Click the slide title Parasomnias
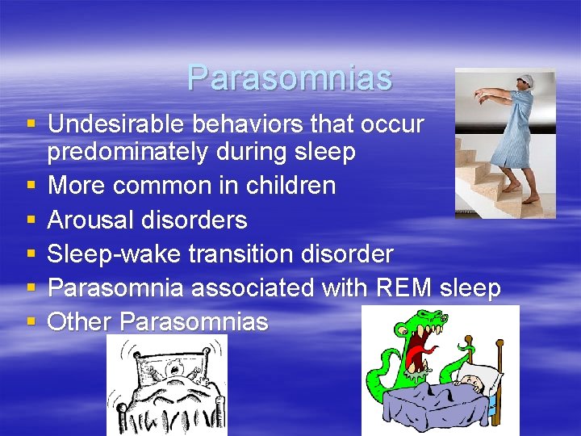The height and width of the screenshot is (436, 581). click(x=289, y=78)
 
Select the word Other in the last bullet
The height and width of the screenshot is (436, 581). click(x=79, y=321)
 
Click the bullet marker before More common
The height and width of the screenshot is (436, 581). click(x=31, y=186)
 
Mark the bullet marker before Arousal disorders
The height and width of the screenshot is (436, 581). click(x=31, y=220)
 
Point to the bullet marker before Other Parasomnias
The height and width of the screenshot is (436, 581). click(x=31, y=321)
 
